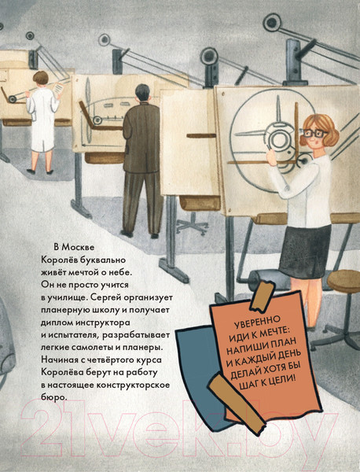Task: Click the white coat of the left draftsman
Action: tap(40, 118)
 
